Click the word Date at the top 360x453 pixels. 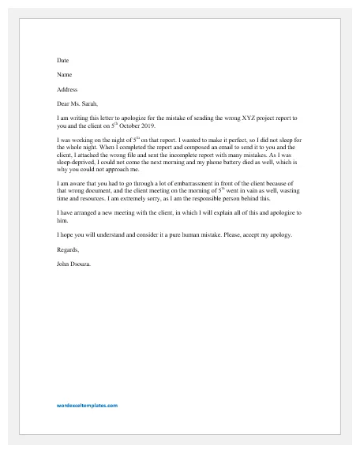pos(62,60)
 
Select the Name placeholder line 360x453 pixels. pos(64,75)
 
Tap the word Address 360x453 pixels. pos(67,90)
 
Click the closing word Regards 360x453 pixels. pos(69,250)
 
